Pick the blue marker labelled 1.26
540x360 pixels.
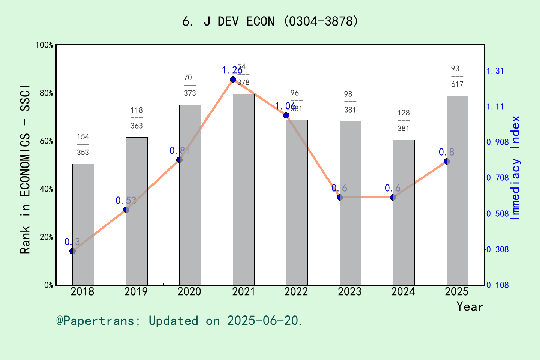click(x=233, y=79)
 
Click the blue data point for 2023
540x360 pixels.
click(x=340, y=197)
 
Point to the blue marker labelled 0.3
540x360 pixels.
click(x=72, y=251)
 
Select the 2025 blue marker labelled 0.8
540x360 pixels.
click(x=447, y=161)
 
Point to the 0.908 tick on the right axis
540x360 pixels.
click(x=497, y=142)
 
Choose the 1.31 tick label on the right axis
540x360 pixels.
click(x=495, y=71)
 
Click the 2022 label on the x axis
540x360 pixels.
click(x=296, y=291)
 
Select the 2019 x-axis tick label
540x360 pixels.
click(x=136, y=291)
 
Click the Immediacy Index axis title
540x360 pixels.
click(x=516, y=168)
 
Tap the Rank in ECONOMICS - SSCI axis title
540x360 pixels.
click(x=25, y=169)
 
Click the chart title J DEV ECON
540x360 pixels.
click(x=270, y=21)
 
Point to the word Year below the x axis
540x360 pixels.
click(x=469, y=306)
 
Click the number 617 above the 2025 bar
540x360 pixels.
click(x=457, y=84)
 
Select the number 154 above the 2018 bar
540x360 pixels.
click(x=83, y=137)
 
